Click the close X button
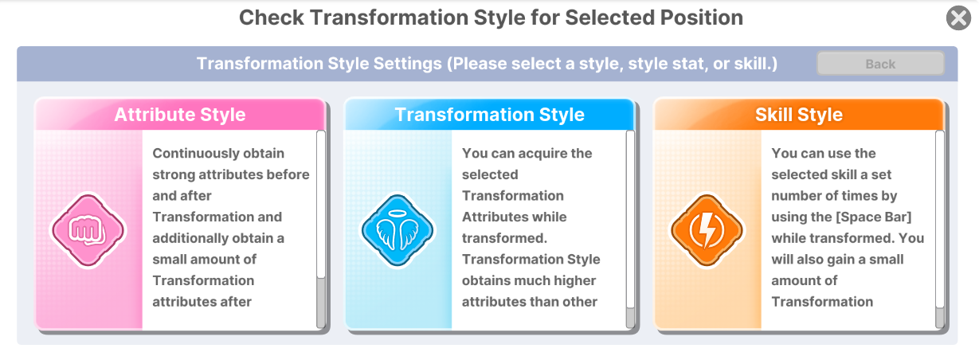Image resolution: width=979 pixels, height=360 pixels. [x=958, y=18]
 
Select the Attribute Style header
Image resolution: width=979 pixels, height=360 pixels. [x=180, y=115]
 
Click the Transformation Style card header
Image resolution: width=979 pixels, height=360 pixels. [x=489, y=115]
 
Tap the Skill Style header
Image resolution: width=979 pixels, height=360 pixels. [x=799, y=115]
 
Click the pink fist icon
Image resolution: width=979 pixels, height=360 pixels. [x=88, y=230]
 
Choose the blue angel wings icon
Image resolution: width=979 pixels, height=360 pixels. [x=397, y=230]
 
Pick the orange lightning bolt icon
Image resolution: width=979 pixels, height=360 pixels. [x=707, y=230]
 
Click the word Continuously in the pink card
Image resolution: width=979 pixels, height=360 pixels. [x=195, y=154]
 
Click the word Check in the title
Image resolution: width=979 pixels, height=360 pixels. [x=272, y=18]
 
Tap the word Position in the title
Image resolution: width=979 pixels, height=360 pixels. [x=702, y=18]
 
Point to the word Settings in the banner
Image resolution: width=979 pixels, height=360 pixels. [x=408, y=64]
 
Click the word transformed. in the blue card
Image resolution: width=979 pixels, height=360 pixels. [x=504, y=238]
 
